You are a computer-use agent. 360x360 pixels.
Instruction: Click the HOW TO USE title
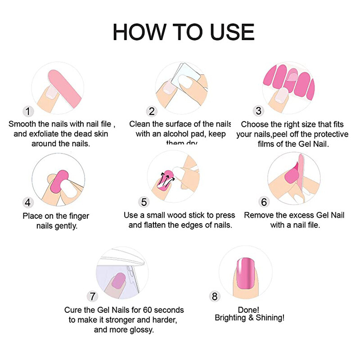click(x=184, y=32)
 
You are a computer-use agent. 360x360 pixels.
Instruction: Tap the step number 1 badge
click(x=28, y=111)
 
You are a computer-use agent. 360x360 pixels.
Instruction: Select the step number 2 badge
click(x=152, y=111)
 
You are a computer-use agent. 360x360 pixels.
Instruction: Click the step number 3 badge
click(x=258, y=111)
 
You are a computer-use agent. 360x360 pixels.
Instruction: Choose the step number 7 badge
click(x=93, y=296)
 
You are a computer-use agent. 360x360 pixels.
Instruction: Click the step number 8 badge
click(x=215, y=296)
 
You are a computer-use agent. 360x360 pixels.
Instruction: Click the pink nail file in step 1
click(x=63, y=85)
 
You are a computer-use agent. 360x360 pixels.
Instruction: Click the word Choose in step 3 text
click(x=253, y=124)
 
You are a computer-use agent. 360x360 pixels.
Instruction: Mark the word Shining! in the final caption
click(x=270, y=318)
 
